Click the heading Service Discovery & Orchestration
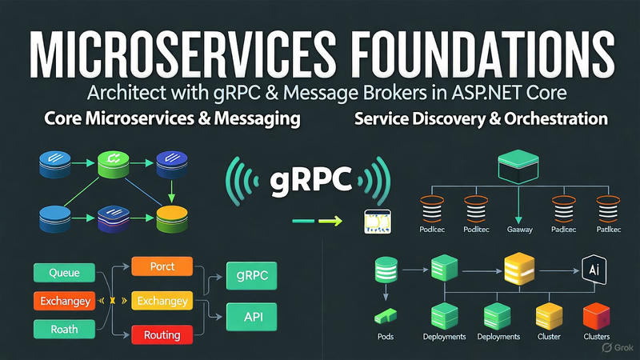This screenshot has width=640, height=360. click(478, 119)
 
